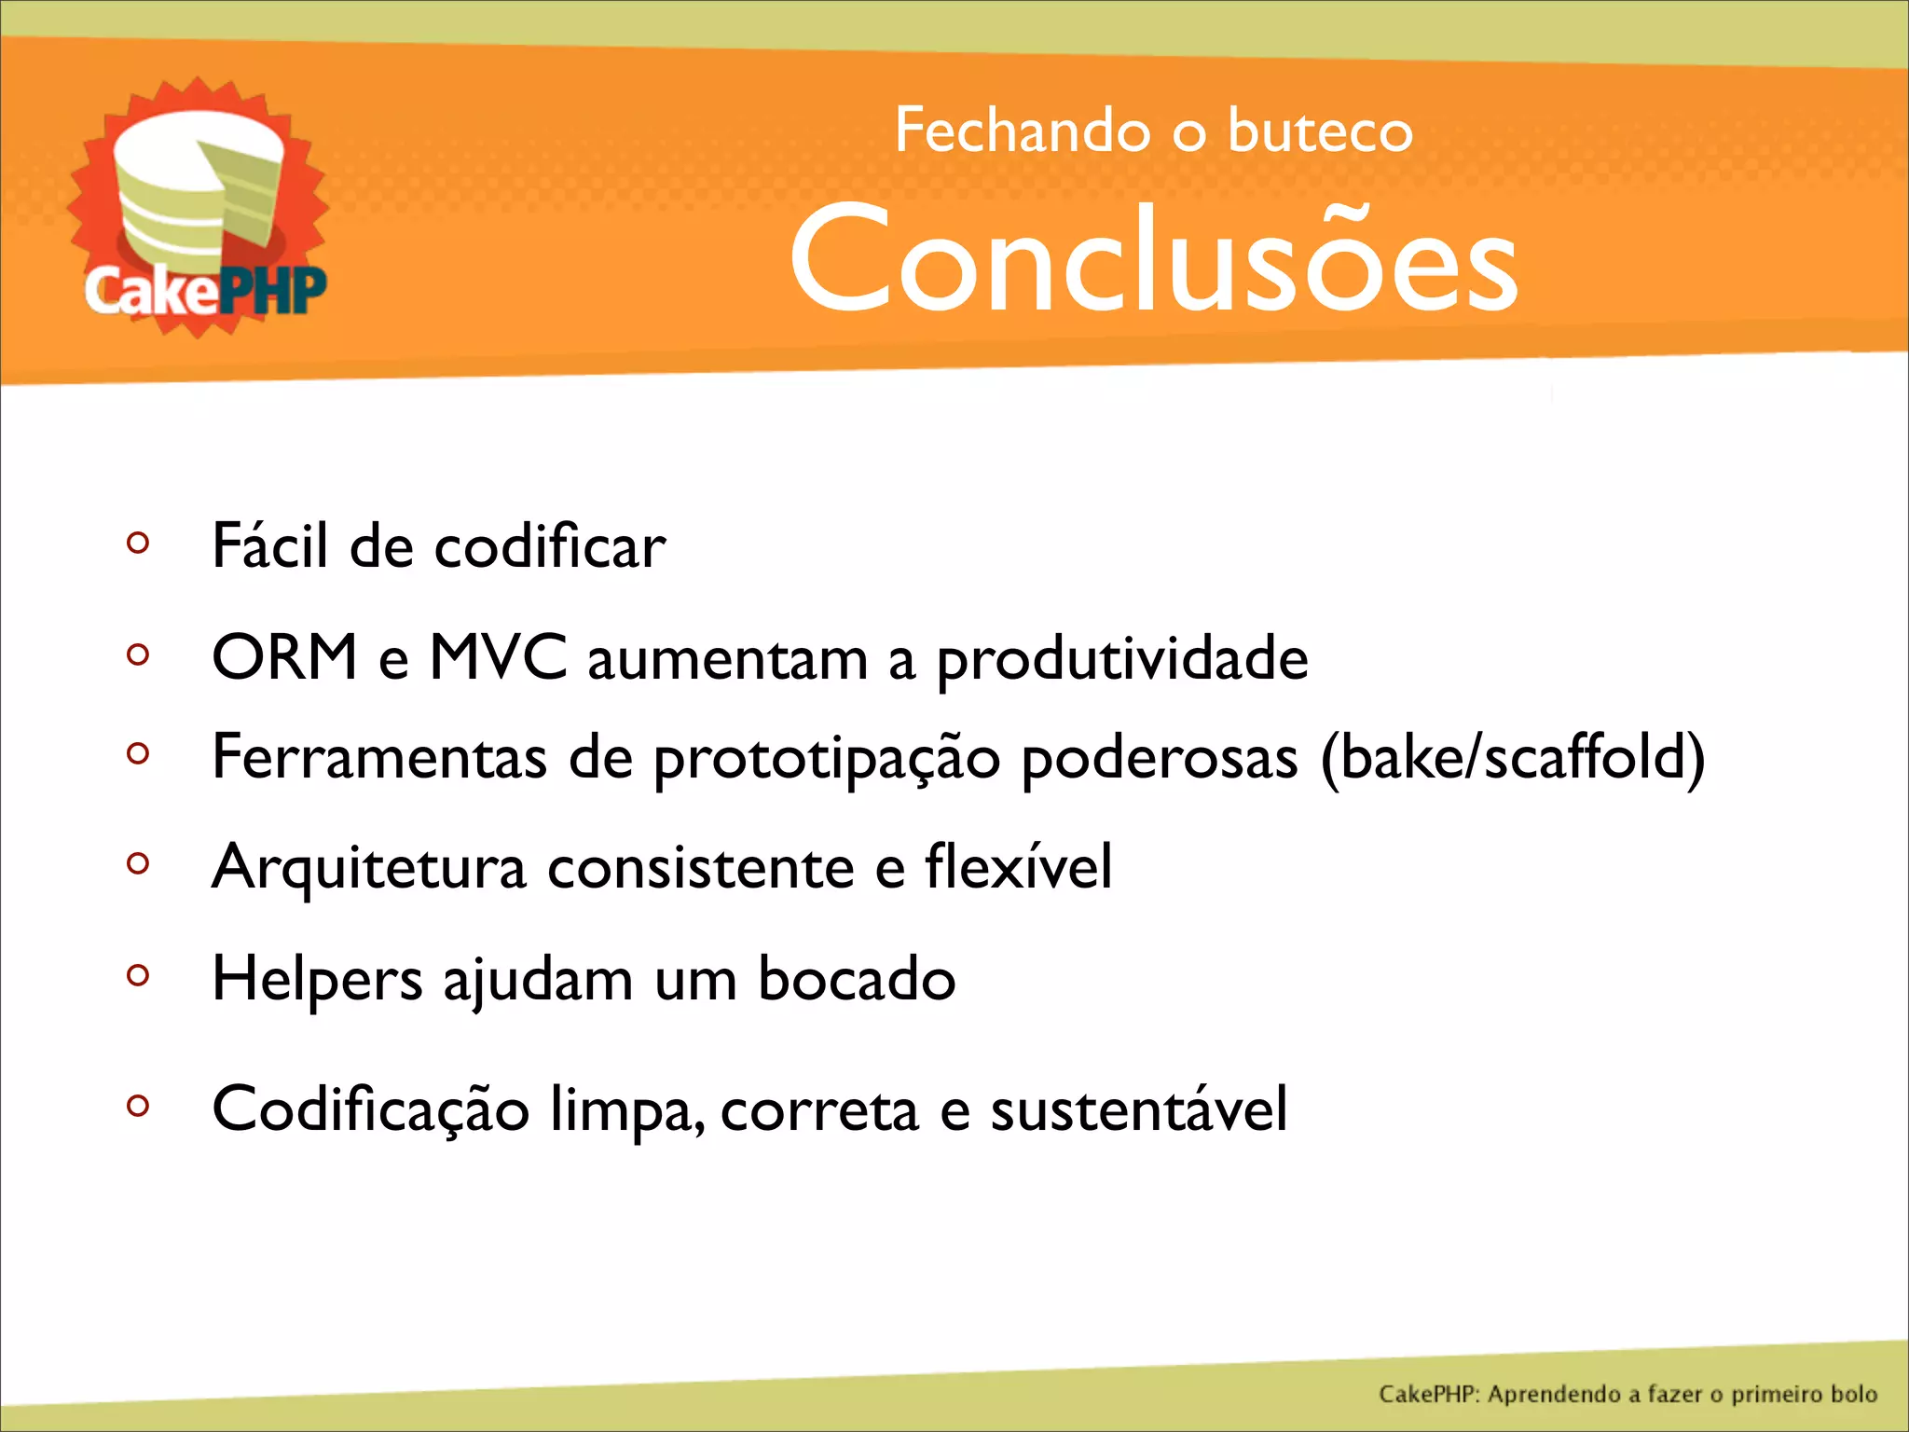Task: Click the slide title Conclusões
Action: [x=1154, y=259]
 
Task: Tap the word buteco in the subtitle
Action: [x=1320, y=131]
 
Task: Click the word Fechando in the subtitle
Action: [x=1023, y=131]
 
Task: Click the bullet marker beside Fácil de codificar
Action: [x=138, y=543]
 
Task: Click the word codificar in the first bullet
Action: [x=550, y=546]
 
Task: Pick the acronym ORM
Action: [x=284, y=658]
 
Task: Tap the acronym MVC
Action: [x=498, y=658]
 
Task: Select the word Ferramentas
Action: [x=379, y=757]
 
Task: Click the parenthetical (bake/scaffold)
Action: [x=1512, y=757]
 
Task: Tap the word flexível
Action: [x=1019, y=867]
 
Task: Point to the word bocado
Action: [x=857, y=979]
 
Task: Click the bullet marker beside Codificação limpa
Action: [x=138, y=1106]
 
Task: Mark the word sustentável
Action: [x=1138, y=1109]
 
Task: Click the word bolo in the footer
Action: [x=1853, y=1395]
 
